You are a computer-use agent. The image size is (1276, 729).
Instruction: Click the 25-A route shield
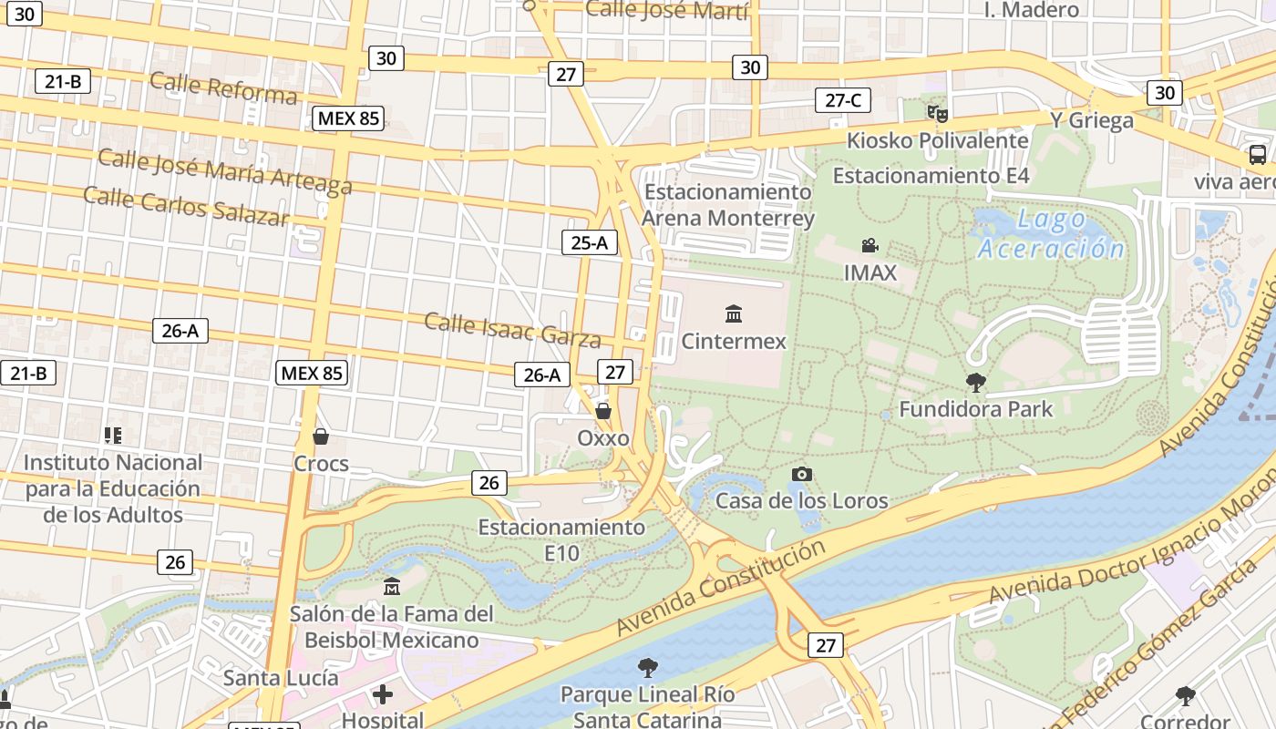pyautogui.click(x=590, y=242)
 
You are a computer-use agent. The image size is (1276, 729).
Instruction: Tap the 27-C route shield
pyautogui.click(x=842, y=100)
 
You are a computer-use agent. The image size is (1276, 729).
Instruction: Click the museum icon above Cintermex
pyautogui.click(x=733, y=314)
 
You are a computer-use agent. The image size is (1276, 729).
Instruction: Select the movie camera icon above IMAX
pyautogui.click(x=870, y=245)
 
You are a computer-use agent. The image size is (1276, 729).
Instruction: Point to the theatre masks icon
pyautogui.click(x=937, y=114)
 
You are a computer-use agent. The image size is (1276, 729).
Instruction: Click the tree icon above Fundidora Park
pyautogui.click(x=975, y=382)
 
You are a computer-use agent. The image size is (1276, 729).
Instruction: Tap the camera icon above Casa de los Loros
pyautogui.click(x=801, y=474)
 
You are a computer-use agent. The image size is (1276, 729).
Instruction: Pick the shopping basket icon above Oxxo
pyautogui.click(x=602, y=411)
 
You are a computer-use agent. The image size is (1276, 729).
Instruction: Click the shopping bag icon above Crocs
pyautogui.click(x=320, y=436)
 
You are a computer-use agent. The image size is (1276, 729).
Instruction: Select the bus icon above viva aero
pyautogui.click(x=1257, y=155)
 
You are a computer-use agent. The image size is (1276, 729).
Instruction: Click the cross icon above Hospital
pyautogui.click(x=383, y=695)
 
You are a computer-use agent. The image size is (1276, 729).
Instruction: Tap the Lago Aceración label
pyautogui.click(x=1051, y=233)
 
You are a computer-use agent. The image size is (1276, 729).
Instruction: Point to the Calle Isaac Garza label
pyautogui.click(x=512, y=330)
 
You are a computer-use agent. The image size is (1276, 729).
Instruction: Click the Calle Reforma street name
pyautogui.click(x=223, y=87)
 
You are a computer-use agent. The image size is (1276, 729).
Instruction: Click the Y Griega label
pyautogui.click(x=1091, y=120)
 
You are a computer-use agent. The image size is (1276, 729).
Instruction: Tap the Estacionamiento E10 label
pyautogui.click(x=561, y=539)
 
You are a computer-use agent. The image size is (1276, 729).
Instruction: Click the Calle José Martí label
pyautogui.click(x=666, y=10)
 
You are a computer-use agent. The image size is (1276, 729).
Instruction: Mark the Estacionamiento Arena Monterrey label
pyautogui.click(x=727, y=205)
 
